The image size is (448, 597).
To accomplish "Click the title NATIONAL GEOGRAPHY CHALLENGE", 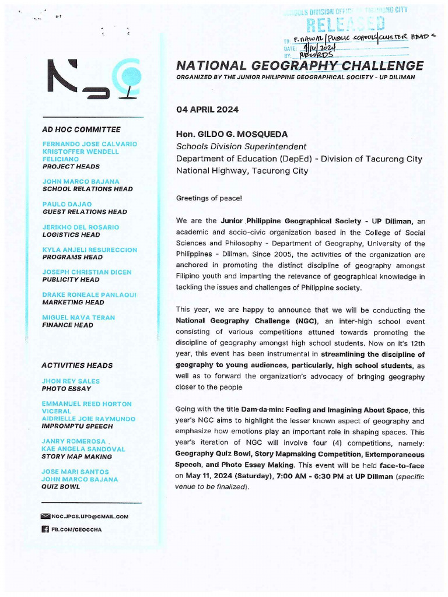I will click(300, 65).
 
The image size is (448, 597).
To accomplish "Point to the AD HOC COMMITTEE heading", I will click(81, 129).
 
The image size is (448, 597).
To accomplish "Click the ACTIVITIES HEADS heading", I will click(77, 366).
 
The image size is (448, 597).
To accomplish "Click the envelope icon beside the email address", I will click(45, 517).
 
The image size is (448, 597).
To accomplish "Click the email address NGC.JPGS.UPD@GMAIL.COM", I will click(90, 517).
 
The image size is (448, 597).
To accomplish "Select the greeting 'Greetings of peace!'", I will click(209, 198).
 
